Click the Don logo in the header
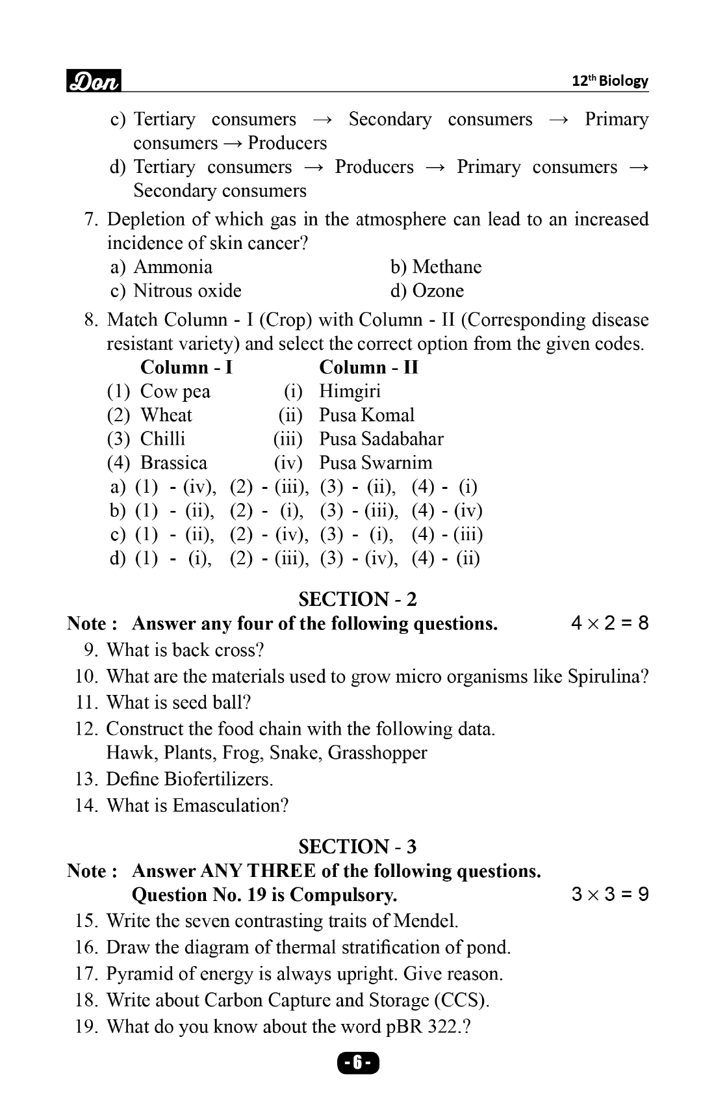click(94, 81)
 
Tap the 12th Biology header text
click(609, 81)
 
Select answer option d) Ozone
click(427, 291)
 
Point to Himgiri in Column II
click(350, 391)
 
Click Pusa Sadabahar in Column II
click(381, 439)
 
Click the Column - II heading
click(368, 367)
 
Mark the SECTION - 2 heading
click(357, 599)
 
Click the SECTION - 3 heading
click(357, 846)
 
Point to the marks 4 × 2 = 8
click(609, 623)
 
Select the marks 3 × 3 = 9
click(609, 895)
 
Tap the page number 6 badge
click(357, 1064)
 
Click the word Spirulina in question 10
click(607, 677)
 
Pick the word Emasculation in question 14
click(230, 805)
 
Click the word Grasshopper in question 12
click(377, 753)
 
